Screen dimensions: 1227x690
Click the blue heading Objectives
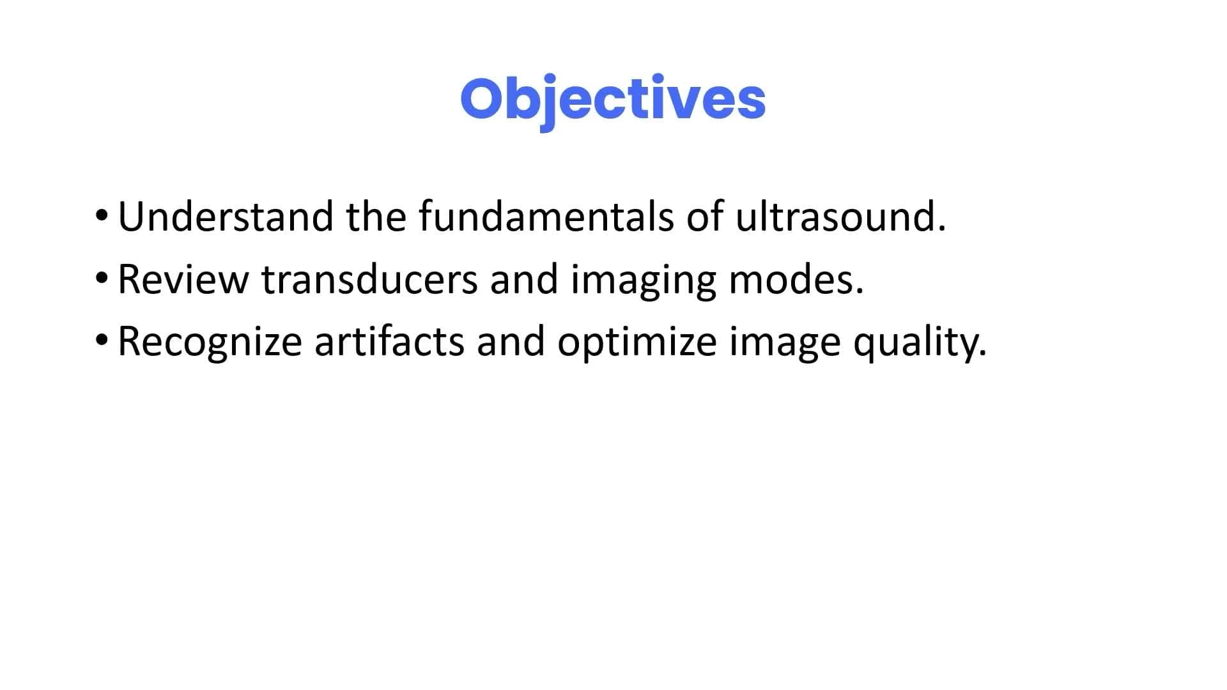point(613,100)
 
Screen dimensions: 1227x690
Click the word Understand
point(226,217)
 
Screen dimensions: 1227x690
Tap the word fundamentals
point(546,217)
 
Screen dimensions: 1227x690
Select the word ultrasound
point(840,217)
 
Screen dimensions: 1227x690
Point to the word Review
point(183,279)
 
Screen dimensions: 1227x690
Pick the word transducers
point(370,279)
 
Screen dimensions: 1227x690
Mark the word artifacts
point(389,342)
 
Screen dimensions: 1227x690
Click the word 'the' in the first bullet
point(376,217)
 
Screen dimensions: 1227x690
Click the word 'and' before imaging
point(525,279)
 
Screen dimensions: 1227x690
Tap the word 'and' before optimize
point(511,342)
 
